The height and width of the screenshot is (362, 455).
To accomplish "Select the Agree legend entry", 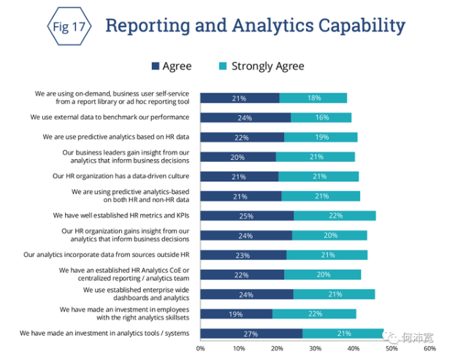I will pyautogui.click(x=171, y=66).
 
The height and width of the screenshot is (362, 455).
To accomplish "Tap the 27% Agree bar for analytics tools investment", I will pyautogui.click(x=251, y=334).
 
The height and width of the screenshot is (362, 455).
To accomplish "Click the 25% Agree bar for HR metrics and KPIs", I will pyautogui.click(x=247, y=215).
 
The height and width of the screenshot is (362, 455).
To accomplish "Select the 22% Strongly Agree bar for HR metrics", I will pyautogui.click(x=334, y=215).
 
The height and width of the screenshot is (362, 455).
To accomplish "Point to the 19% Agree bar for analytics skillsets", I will pyautogui.click(x=236, y=314).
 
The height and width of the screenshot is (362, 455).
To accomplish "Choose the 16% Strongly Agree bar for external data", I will pyautogui.click(x=321, y=117).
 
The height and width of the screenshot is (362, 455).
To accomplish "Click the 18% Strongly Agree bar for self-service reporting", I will pyautogui.click(x=313, y=98).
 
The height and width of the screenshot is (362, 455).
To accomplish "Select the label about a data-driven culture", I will pyautogui.click(x=121, y=176).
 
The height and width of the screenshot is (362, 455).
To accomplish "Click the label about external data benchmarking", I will pyautogui.click(x=110, y=117).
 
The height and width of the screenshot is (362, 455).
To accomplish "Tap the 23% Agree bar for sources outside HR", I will pyautogui.click(x=243, y=255).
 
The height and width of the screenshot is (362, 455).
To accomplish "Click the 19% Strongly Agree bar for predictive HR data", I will pyautogui.click(x=321, y=136).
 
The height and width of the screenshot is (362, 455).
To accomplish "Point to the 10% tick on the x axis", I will pyautogui.click(x=239, y=349).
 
